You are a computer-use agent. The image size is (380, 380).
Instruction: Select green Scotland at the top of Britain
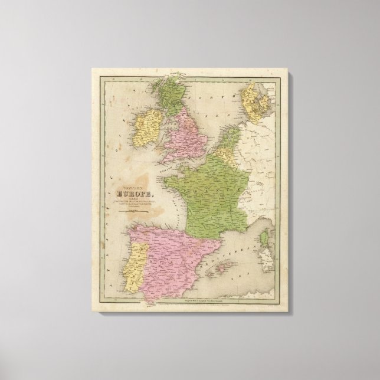[x=168, y=98]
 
